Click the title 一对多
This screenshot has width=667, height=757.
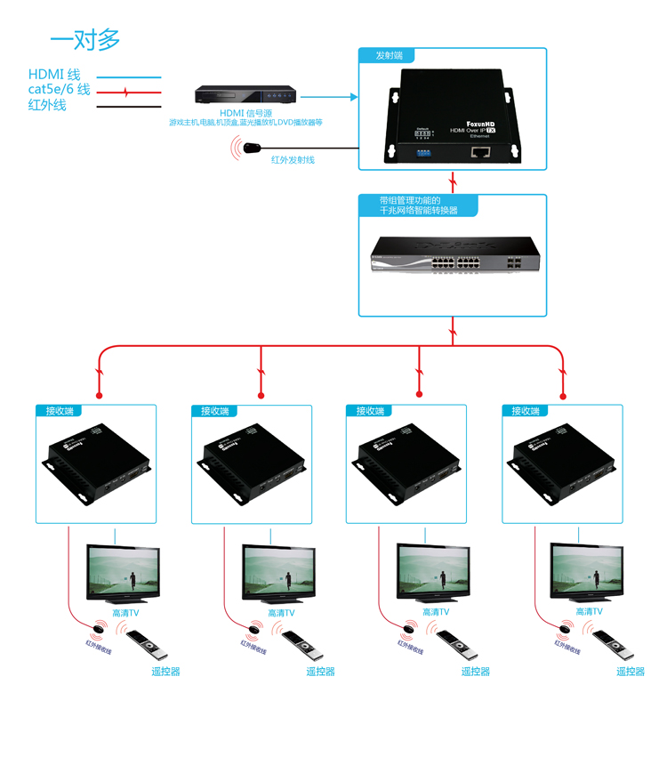(x=84, y=39)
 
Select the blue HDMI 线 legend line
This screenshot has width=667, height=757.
(x=128, y=78)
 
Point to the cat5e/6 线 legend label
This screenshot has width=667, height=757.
(x=59, y=90)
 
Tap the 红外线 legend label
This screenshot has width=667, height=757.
(x=47, y=106)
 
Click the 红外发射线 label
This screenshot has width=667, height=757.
(x=293, y=160)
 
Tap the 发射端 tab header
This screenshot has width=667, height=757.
(x=390, y=55)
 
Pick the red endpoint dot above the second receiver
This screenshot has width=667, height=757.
(x=261, y=395)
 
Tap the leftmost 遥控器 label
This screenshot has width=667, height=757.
(x=165, y=672)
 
